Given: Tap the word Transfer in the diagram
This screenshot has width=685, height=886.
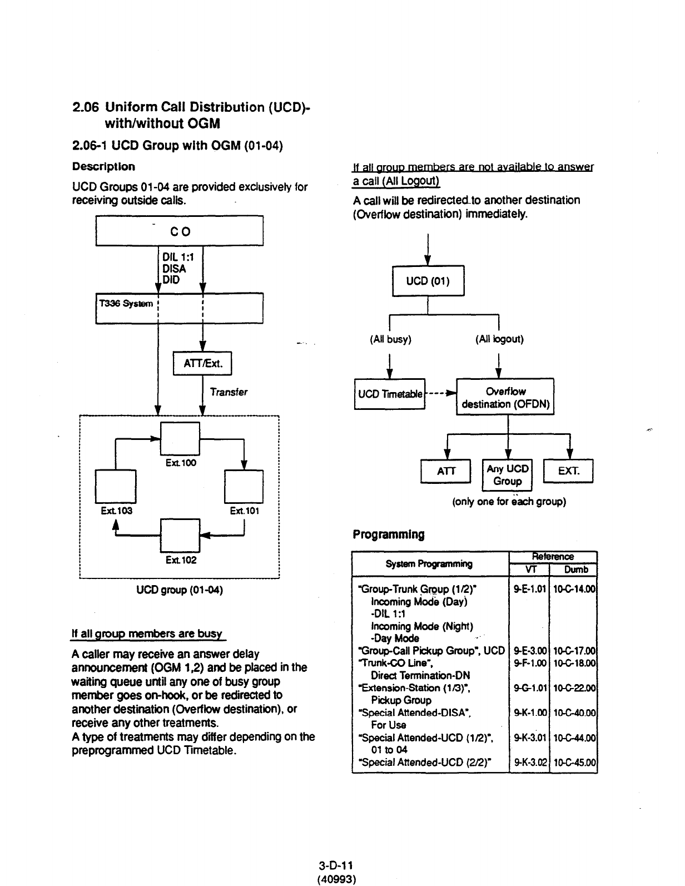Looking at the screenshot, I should (x=229, y=392).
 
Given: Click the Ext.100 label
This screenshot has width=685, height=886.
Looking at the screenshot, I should (x=181, y=463).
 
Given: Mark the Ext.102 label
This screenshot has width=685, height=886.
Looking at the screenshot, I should (x=181, y=560).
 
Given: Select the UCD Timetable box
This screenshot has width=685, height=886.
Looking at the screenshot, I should (x=389, y=394).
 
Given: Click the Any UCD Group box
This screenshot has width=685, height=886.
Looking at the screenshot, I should (x=508, y=475).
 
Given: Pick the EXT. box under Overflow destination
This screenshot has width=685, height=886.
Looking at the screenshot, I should (x=568, y=471).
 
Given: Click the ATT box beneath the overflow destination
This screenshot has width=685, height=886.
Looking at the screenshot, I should (x=446, y=471).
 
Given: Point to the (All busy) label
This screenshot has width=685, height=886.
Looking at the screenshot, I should (x=390, y=339).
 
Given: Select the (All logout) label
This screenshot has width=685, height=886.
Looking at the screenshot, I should (x=499, y=339).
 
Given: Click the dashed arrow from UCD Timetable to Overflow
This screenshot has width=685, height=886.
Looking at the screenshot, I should (x=440, y=392).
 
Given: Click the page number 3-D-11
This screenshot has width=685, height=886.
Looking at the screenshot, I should (x=336, y=865).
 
